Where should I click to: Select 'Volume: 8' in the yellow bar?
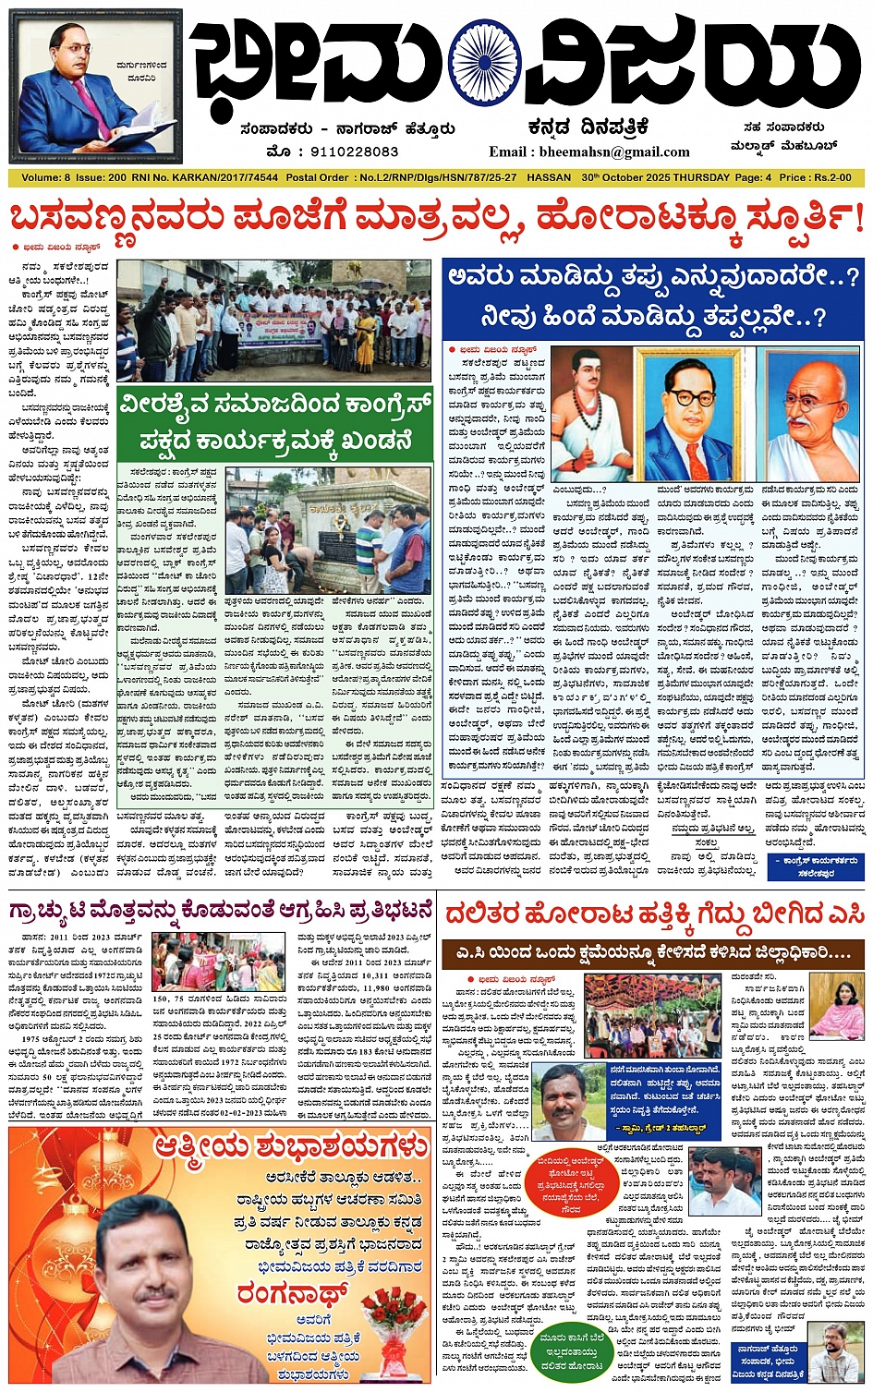(45, 176)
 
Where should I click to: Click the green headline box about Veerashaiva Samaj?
(275, 423)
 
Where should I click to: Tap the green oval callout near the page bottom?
(572, 1350)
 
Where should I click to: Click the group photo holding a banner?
(273, 320)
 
